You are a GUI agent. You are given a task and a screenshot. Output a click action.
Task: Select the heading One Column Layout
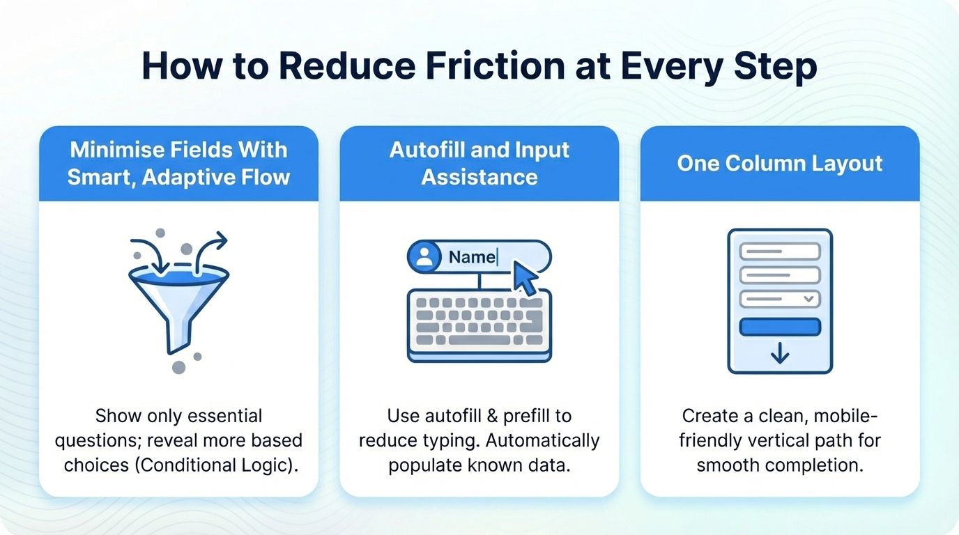point(780,164)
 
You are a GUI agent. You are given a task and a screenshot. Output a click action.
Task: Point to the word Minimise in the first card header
point(117,150)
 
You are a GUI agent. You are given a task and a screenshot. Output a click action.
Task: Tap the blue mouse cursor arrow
point(525,278)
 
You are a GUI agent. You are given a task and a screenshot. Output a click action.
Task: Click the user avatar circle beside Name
point(424,257)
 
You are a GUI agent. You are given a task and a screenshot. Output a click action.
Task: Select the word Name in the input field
point(473,257)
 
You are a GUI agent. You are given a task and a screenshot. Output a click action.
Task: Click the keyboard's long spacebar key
point(479,340)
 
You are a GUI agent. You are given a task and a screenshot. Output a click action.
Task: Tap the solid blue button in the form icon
point(780,327)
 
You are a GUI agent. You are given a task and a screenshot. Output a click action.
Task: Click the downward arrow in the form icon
point(780,353)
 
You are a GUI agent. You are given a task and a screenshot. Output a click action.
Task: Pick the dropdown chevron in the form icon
point(808,299)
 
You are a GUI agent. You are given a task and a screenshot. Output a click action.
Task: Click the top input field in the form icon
point(780,251)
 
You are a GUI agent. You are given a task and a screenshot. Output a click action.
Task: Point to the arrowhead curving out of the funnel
point(222,240)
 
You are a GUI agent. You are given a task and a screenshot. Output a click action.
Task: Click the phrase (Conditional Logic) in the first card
point(217,465)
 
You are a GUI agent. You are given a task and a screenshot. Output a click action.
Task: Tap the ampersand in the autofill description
point(492,416)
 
